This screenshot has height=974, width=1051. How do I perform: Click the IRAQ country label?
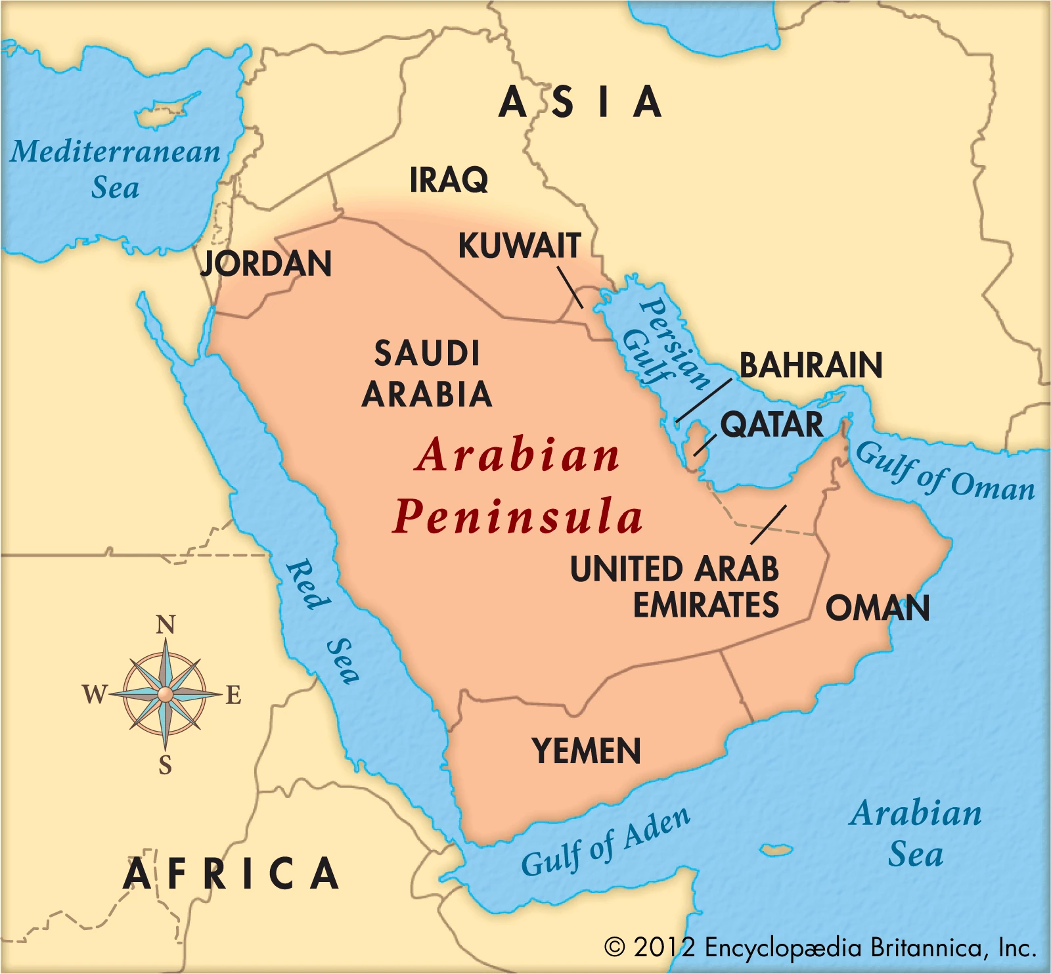pos(449,179)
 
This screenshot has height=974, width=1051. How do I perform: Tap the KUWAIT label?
pos(520,246)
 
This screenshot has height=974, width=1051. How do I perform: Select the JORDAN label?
pos(266,263)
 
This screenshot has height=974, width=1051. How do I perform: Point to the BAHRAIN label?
pos(811,365)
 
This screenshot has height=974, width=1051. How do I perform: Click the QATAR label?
pos(771,424)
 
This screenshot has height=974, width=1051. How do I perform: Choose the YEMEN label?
pos(586,751)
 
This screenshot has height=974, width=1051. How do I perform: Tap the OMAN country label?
pos(878,608)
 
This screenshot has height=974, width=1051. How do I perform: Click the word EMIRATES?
pos(705,605)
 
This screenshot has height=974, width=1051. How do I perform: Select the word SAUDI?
pos(427,354)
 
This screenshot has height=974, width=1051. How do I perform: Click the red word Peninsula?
pos(518,517)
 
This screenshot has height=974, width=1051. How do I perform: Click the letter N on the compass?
pos(166,625)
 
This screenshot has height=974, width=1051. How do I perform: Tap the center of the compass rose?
pos(166,694)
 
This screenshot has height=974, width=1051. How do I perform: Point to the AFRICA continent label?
pos(231,874)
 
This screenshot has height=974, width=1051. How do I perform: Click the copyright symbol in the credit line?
pos(615,946)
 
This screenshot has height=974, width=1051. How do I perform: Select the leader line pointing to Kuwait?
pos(570,287)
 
